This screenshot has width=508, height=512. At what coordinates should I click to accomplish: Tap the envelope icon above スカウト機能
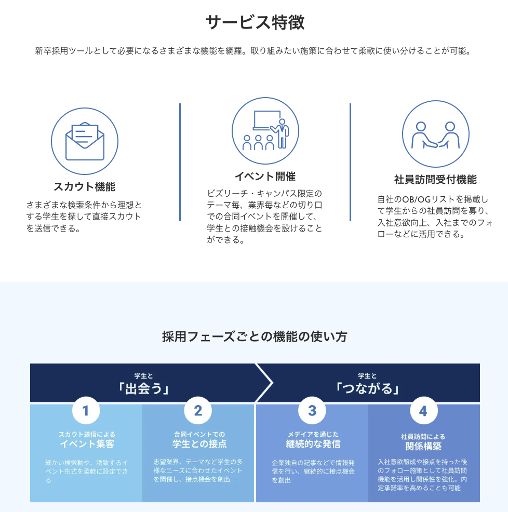tap(85, 141)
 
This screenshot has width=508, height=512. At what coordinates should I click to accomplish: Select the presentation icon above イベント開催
tap(265, 131)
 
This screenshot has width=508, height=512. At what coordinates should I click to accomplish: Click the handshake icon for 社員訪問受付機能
tap(435, 134)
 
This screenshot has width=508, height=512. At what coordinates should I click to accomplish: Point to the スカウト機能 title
tap(85, 186)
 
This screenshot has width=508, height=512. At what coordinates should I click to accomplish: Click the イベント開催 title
tap(265, 177)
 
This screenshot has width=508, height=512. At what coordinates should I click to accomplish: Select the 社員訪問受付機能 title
tap(435, 180)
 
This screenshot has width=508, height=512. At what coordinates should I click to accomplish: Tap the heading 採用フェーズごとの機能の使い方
tap(254, 336)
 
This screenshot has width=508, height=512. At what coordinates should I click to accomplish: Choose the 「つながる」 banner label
tap(367, 389)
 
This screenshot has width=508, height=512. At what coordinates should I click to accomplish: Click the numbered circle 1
tap(86, 411)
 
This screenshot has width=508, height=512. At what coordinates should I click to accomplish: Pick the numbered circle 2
tap(198, 411)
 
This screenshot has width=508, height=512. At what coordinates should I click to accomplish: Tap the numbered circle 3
tap(312, 411)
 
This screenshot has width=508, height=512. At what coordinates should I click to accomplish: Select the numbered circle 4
tap(423, 411)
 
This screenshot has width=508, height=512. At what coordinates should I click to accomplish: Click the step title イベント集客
tap(87, 444)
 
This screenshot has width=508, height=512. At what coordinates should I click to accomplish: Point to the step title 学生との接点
tap(199, 444)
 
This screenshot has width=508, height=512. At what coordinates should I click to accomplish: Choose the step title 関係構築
tap(423, 447)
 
